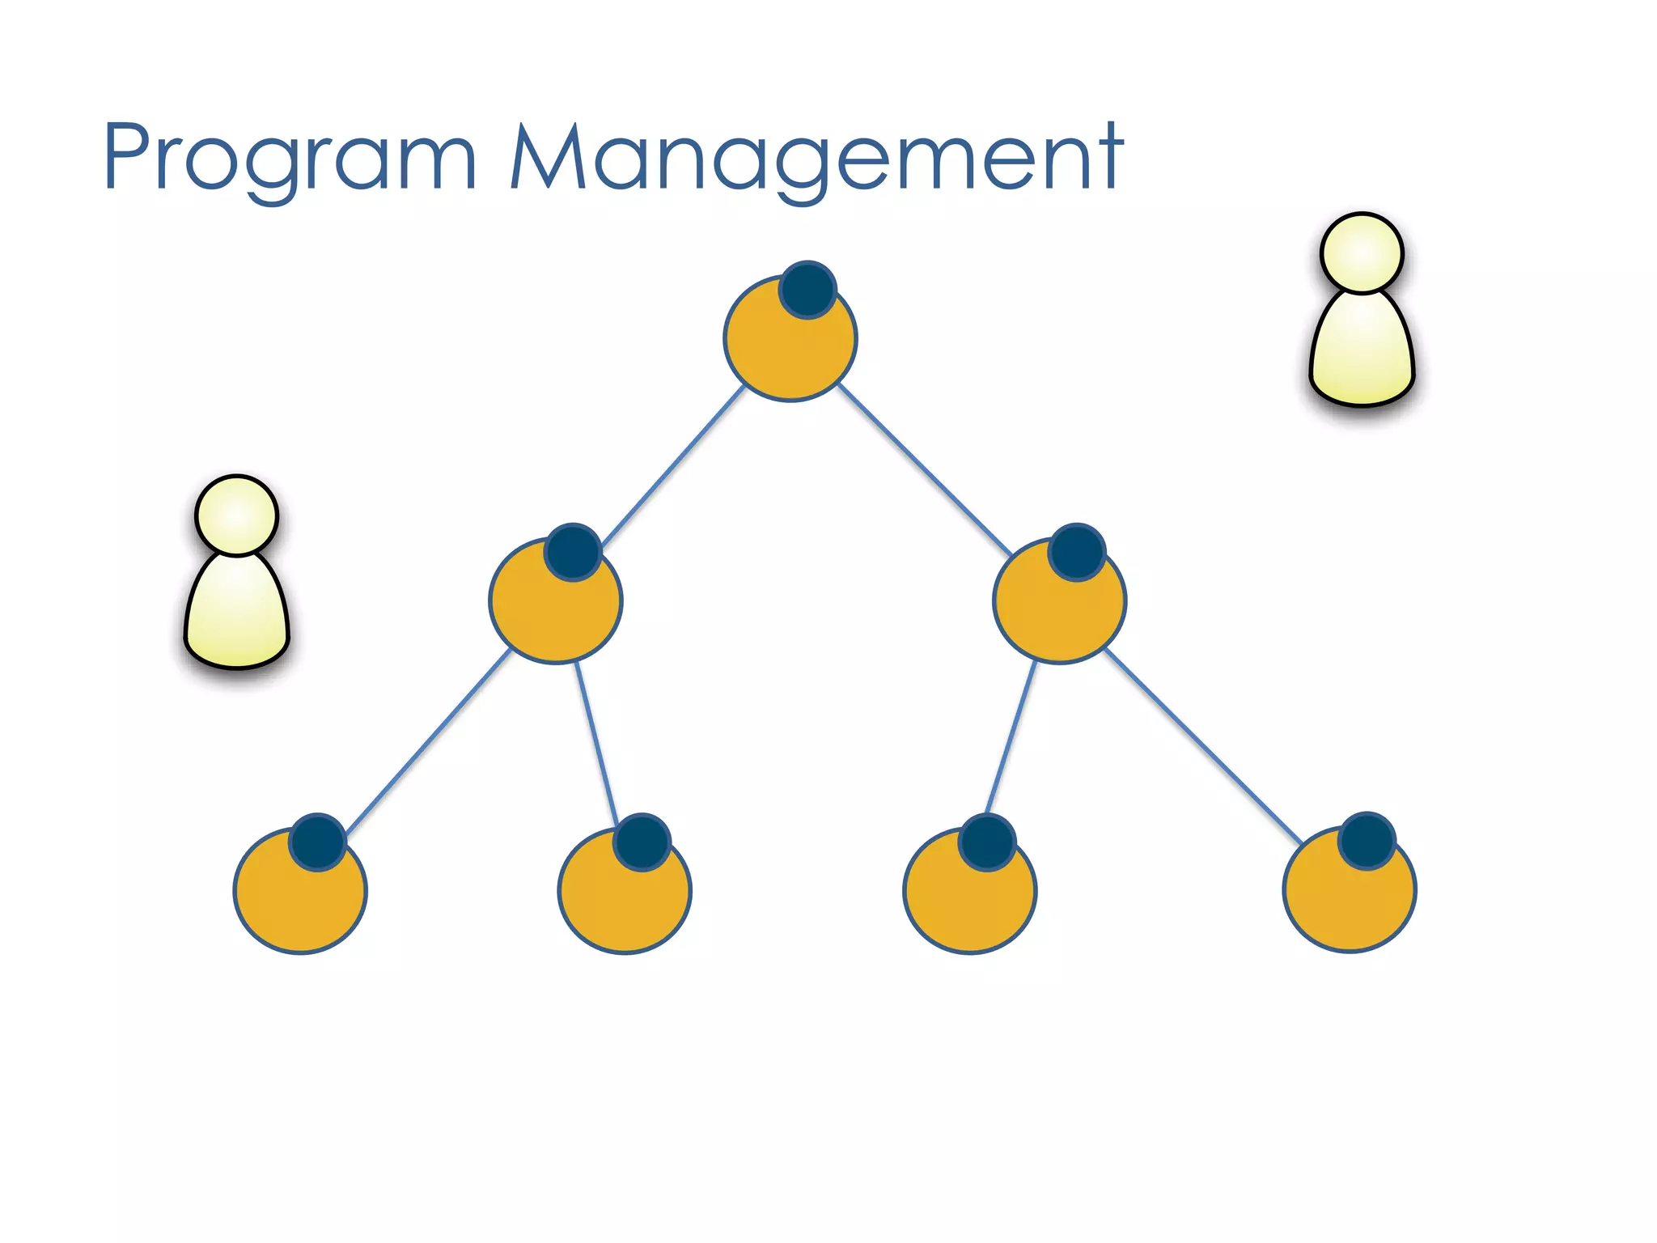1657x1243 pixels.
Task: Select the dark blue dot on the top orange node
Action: pos(807,290)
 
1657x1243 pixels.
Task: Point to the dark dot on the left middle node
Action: pos(573,552)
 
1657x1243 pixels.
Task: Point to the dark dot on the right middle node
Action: pos(1077,552)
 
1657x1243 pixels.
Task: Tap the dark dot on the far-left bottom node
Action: pos(318,842)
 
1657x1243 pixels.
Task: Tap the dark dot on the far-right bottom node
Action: pos(1367,841)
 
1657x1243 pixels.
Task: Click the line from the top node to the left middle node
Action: pos(673,466)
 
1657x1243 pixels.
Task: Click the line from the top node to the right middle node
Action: pos(924,468)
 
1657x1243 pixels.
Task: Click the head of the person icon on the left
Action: pos(237,515)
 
